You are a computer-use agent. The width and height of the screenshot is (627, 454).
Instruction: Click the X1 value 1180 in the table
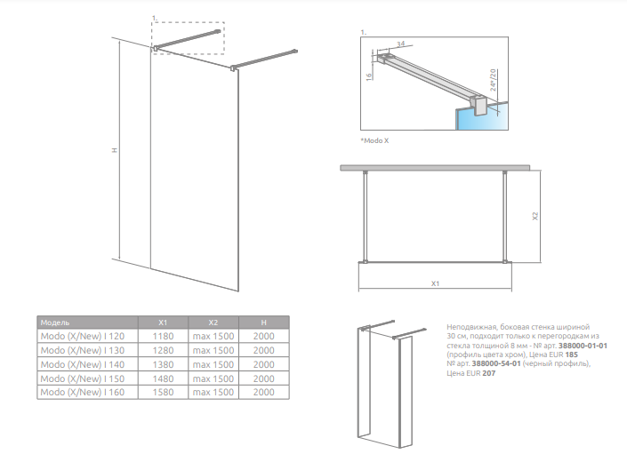coord(163,336)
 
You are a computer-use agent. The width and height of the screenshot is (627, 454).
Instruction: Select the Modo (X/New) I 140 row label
coord(83,364)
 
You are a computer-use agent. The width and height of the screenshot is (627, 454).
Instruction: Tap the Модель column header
coord(55,323)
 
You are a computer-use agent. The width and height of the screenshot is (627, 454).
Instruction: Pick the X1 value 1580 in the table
coord(163,393)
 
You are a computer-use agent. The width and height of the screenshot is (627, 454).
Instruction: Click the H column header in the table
coord(264,323)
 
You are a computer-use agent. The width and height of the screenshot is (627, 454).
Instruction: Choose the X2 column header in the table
coord(213,323)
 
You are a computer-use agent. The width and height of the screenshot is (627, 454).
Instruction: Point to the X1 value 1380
coord(163,364)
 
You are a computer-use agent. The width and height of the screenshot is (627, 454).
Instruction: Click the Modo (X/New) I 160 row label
coord(83,393)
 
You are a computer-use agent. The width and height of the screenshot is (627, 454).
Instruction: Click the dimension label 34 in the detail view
coord(401,44)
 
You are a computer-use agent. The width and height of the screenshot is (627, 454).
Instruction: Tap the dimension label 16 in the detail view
coord(369,76)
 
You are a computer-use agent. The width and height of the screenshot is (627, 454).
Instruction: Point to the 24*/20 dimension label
coord(493,80)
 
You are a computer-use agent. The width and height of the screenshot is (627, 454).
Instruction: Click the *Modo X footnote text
coord(374,140)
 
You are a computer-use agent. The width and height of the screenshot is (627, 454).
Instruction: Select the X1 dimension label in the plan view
coord(435,283)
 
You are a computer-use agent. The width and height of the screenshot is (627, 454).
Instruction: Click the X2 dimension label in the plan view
coord(535,216)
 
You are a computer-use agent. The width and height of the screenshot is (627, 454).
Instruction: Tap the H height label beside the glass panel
coord(115,150)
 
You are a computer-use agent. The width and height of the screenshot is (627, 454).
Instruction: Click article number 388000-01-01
coord(583,346)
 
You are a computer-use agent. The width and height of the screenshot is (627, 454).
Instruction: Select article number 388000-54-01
coord(496,363)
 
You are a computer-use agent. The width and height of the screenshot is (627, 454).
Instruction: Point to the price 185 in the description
coord(572,354)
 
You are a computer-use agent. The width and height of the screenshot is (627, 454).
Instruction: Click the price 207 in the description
coord(488,373)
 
